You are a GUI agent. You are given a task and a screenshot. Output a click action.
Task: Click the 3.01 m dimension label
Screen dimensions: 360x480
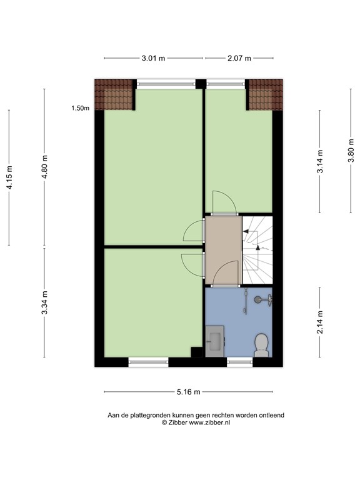(153, 58)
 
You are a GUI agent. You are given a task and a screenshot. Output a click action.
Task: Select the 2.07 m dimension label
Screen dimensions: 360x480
(239, 58)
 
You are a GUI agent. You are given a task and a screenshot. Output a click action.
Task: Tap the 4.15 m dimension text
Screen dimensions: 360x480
(9, 177)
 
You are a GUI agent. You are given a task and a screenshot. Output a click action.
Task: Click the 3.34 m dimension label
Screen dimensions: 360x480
(45, 302)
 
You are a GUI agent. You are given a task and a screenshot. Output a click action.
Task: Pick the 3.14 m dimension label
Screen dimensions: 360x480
(320, 161)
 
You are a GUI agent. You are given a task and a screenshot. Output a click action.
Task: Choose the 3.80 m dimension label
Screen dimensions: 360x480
(351, 151)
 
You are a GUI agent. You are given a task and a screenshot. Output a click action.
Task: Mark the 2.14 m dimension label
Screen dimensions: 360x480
(320, 322)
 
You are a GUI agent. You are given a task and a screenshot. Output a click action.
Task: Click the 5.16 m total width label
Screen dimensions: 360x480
(188, 392)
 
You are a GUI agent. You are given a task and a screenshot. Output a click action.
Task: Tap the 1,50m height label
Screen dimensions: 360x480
(81, 108)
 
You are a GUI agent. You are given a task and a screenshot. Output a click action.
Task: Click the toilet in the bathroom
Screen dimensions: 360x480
(261, 345)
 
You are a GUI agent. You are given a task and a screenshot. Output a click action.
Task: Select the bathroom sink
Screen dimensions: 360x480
(215, 341)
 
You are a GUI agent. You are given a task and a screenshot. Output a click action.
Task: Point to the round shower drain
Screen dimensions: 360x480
(257, 300)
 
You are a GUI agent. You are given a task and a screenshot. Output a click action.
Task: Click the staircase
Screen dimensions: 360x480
(257, 250)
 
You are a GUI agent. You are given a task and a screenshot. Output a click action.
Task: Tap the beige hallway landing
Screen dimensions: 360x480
(224, 250)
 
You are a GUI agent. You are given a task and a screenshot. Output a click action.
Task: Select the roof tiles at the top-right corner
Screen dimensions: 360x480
(266, 94)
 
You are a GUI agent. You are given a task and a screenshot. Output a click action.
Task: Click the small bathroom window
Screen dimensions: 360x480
(240, 362)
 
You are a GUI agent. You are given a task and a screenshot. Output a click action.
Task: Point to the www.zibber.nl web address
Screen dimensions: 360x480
(209, 422)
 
